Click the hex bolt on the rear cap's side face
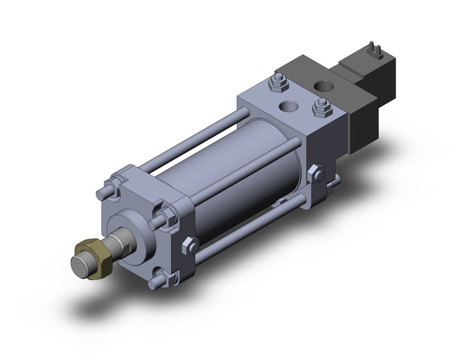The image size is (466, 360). (x=317, y=174)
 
